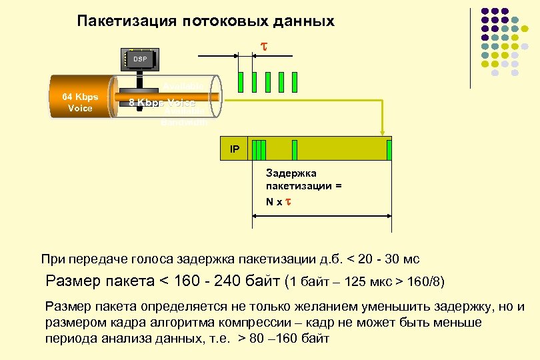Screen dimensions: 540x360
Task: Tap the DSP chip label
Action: pyautogui.click(x=139, y=59)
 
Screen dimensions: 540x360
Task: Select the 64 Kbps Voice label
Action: pyautogui.click(x=80, y=102)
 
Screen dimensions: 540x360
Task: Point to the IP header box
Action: pyautogui.click(x=235, y=149)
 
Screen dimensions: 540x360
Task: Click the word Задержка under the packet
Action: pyautogui.click(x=289, y=175)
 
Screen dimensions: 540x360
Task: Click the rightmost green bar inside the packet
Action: pyautogui.click(x=389, y=150)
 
